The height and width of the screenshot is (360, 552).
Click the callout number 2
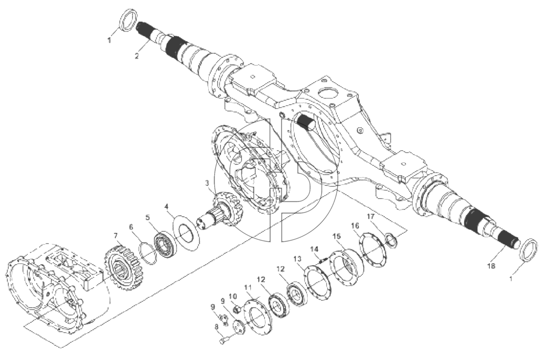pyautogui.click(x=137, y=56)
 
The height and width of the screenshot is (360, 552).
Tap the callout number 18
pyautogui.click(x=491, y=266)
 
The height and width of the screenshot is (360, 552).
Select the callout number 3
pyautogui.click(x=207, y=183)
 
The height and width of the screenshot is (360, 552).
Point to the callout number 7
pyautogui.click(x=115, y=235)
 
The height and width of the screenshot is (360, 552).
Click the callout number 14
pyautogui.click(x=314, y=249)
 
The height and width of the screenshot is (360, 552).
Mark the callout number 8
pyautogui.click(x=216, y=327)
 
